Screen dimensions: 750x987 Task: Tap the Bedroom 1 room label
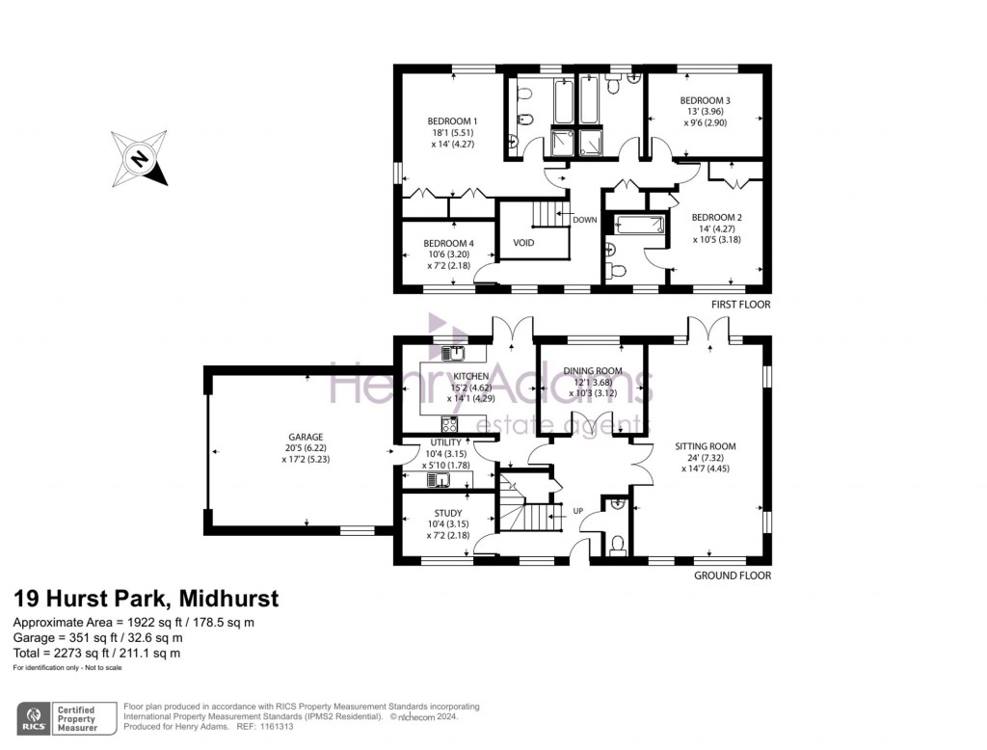(x=453, y=121)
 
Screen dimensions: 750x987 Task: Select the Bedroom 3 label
(x=705, y=100)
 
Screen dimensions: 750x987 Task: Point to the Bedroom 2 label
(x=716, y=217)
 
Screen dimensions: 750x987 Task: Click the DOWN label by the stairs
(x=584, y=220)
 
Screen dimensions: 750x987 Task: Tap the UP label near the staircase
(x=578, y=510)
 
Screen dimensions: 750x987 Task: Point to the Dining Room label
(x=593, y=371)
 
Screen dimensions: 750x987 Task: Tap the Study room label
(x=447, y=513)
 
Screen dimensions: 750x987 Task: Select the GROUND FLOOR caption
(x=732, y=576)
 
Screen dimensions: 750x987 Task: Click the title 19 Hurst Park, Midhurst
(x=146, y=599)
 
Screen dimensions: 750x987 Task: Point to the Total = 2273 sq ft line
(x=96, y=653)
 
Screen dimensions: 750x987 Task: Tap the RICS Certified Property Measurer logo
(x=64, y=719)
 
